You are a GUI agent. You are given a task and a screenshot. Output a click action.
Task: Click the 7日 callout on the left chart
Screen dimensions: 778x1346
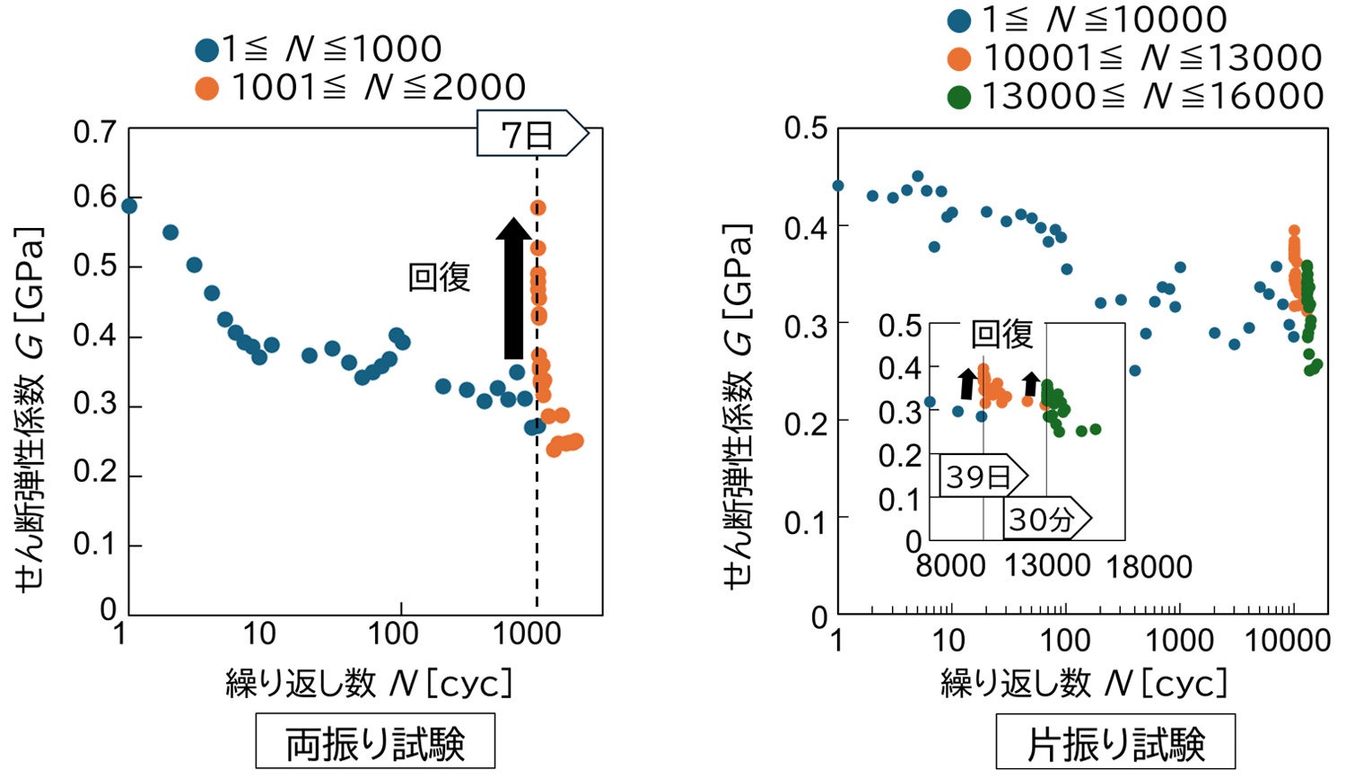529,135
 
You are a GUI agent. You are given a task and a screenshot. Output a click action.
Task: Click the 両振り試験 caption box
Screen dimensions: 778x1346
375,741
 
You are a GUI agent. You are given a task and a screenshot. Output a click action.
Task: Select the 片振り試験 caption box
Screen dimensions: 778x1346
1114,742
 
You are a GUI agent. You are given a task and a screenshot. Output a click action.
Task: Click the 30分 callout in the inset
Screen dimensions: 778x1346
1044,519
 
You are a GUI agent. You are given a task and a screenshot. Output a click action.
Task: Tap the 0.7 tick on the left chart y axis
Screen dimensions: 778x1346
94,132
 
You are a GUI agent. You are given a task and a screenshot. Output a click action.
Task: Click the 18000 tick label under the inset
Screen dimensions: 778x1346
1149,567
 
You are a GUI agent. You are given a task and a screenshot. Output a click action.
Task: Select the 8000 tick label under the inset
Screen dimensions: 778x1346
949,567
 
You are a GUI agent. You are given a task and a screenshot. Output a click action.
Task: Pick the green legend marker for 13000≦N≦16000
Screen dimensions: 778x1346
959,97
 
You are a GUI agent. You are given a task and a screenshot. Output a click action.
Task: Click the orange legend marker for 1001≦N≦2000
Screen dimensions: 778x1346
207,88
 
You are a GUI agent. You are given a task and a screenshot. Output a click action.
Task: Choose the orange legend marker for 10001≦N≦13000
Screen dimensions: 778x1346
959,58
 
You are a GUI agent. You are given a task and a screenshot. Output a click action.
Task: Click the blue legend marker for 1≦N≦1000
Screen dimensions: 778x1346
207,49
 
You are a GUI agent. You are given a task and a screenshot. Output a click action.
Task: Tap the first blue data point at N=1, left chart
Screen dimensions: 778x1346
129,205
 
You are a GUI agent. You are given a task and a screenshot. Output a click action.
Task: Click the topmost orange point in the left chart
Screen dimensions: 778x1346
538,208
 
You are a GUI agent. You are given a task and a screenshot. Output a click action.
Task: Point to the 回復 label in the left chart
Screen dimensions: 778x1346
439,277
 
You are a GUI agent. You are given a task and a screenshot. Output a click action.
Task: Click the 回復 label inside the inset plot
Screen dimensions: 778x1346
1001,335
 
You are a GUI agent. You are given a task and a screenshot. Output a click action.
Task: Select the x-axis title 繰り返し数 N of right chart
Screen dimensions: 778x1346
1083,684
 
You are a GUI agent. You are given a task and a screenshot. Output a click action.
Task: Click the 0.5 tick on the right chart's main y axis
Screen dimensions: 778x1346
805,128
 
